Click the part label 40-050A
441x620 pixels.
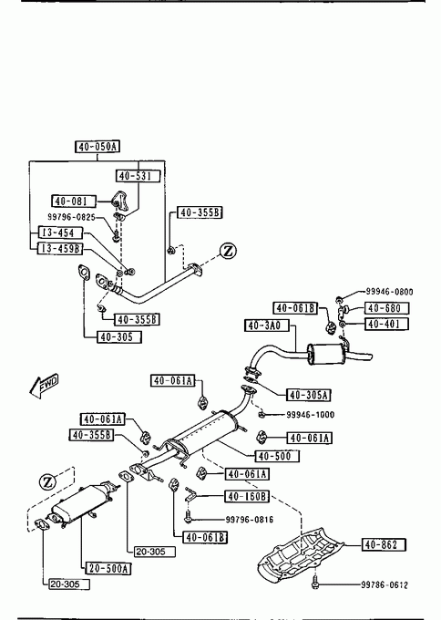pos(97,147)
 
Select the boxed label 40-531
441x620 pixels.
pos(138,176)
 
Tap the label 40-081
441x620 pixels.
pos(74,201)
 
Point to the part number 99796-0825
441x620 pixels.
pos(71,217)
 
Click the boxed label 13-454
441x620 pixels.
pos(60,232)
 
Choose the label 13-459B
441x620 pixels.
pos(60,248)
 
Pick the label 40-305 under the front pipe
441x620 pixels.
pos(119,336)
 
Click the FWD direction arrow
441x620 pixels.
pos(45,385)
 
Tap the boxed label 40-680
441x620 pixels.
pos(386,308)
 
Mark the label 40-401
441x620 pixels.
pos(386,324)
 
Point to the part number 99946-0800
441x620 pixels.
pos(389,292)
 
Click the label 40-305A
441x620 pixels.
pos(308,395)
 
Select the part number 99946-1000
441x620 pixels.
pos(310,415)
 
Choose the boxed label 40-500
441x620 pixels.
pos(277,456)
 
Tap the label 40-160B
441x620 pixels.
pos(247,496)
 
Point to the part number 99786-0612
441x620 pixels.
pos(385,584)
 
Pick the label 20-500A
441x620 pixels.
pos(108,569)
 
